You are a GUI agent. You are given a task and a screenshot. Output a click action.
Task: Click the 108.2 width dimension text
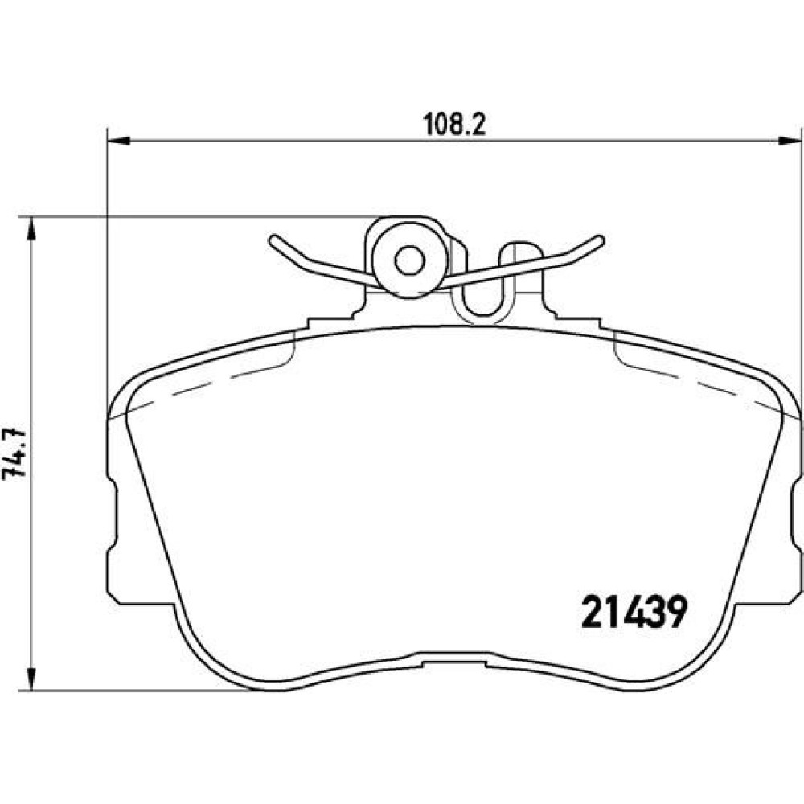coord(454,125)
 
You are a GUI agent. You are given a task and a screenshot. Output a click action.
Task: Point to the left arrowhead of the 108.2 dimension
coord(119,140)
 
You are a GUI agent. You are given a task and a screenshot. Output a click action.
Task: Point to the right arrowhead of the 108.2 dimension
coord(790,140)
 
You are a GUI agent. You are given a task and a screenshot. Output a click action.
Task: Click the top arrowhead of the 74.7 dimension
coord(32,228)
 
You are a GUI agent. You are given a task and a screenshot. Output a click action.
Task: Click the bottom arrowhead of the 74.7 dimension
coord(32,679)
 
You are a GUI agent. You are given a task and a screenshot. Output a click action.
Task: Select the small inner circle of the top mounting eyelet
coord(409,261)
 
